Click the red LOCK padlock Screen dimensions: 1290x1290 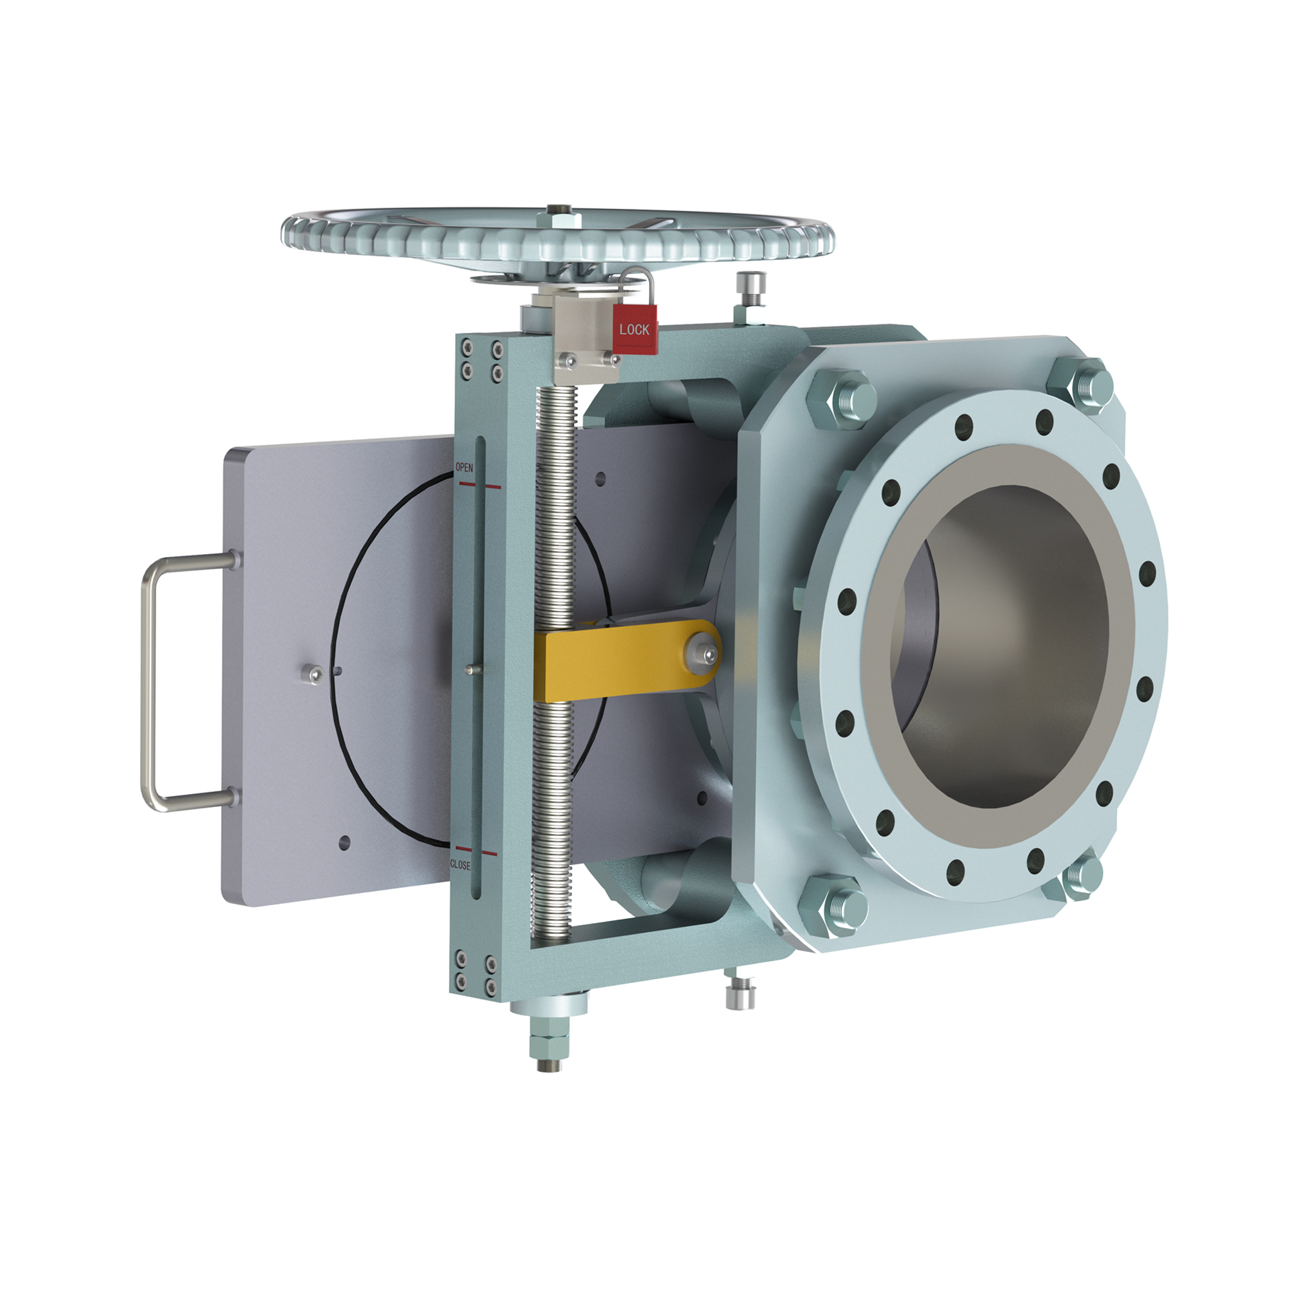pyautogui.click(x=635, y=328)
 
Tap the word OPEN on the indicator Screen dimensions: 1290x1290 pyautogui.click(x=464, y=468)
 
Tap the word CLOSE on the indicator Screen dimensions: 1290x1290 pyautogui.click(x=460, y=865)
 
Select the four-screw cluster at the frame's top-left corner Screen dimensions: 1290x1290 pyautogui.click(x=481, y=361)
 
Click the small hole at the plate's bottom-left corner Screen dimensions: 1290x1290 pyautogui.click(x=344, y=842)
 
